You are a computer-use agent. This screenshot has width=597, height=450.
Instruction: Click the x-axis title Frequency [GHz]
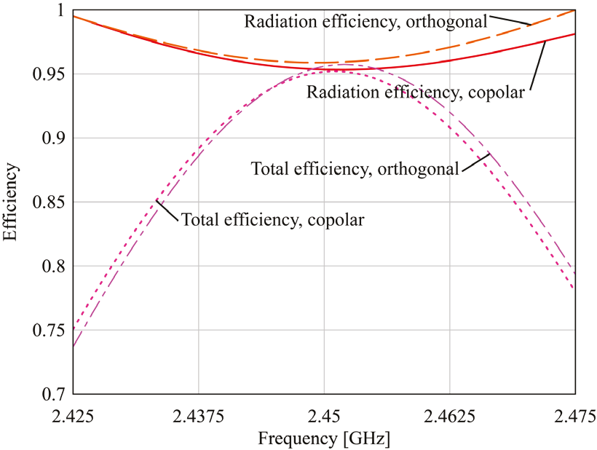tap(323, 439)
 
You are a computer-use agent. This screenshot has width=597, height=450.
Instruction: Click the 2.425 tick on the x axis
tap(74, 417)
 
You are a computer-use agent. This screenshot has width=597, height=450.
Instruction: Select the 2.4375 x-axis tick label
tap(199, 417)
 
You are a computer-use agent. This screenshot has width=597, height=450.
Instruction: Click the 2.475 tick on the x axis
tap(574, 417)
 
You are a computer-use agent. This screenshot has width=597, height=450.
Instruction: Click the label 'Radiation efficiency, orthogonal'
tap(365, 21)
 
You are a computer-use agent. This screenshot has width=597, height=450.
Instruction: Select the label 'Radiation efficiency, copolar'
tap(415, 92)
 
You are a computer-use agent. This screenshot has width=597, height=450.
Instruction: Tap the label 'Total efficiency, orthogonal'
tap(355, 169)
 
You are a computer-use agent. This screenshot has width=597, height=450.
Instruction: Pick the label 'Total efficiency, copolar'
tap(272, 218)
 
